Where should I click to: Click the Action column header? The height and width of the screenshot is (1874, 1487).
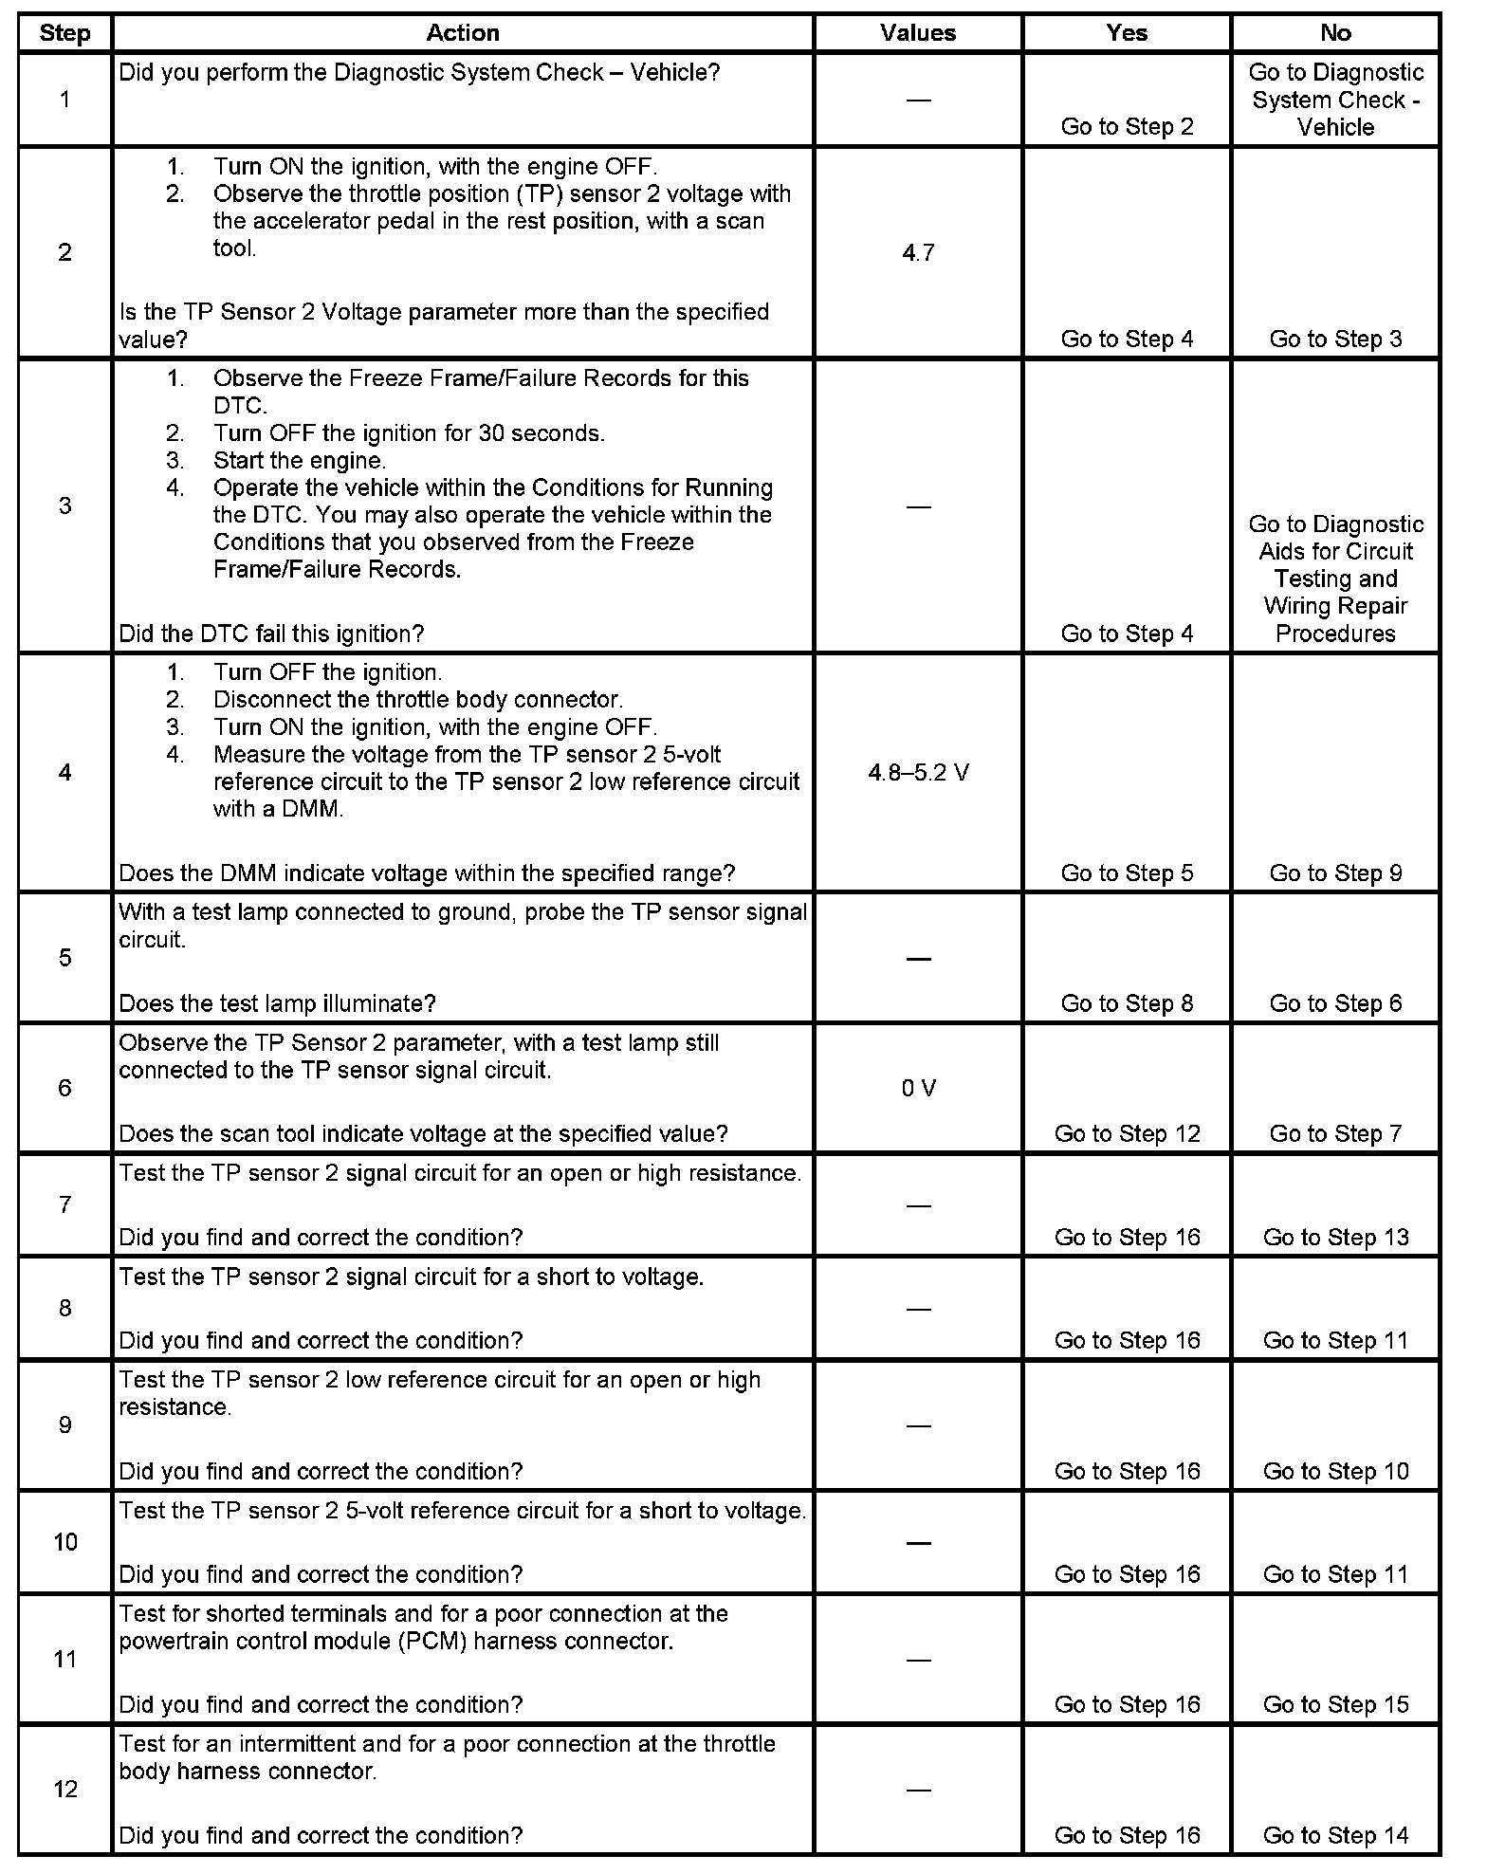coord(462,33)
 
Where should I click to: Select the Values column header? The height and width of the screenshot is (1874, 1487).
coord(917,33)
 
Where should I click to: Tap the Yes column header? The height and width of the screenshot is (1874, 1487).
coord(1127,33)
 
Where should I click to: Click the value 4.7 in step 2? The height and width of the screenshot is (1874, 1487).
coord(918,252)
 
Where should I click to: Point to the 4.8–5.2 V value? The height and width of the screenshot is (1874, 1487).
coord(918,773)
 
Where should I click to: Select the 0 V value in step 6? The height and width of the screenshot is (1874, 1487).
coord(918,1088)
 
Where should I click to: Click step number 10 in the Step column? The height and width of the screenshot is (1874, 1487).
coord(64,1542)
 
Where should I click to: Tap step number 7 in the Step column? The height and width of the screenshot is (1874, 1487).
coord(64,1204)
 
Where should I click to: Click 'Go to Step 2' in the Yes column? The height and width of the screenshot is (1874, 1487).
coord(1127,127)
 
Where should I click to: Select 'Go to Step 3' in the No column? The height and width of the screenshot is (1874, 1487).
coord(1335,340)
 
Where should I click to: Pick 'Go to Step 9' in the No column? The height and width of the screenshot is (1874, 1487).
coord(1335,873)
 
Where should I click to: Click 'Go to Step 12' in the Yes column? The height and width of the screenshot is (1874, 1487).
coord(1127,1134)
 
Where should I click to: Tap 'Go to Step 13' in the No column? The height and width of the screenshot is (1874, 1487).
coord(1335,1238)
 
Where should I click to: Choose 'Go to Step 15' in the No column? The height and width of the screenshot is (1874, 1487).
coord(1335,1705)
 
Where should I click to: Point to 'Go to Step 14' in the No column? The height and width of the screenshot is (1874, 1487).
coord(1335,1836)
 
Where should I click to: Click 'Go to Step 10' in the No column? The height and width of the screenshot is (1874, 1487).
coord(1335,1472)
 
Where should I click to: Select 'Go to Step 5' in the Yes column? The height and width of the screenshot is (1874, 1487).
coord(1127,873)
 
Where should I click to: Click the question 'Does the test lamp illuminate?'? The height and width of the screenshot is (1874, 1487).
coord(277,1003)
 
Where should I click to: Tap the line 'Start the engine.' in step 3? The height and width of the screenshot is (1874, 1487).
coord(299,461)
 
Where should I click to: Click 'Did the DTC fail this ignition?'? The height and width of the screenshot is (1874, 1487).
coord(271,634)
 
